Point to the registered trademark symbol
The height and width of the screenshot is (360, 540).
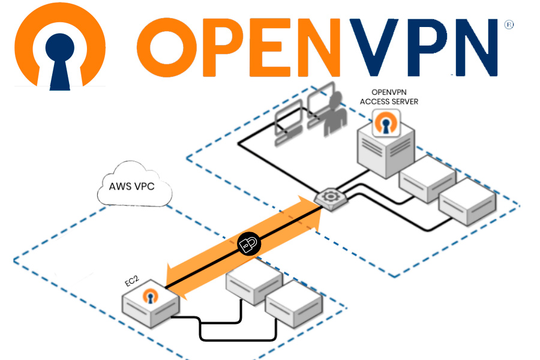(509, 25)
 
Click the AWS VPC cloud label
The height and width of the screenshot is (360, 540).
(132, 186)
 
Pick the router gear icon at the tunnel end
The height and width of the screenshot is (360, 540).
(328, 198)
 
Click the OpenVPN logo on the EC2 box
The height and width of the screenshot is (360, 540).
(150, 297)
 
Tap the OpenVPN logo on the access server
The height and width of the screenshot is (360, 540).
(385, 125)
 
